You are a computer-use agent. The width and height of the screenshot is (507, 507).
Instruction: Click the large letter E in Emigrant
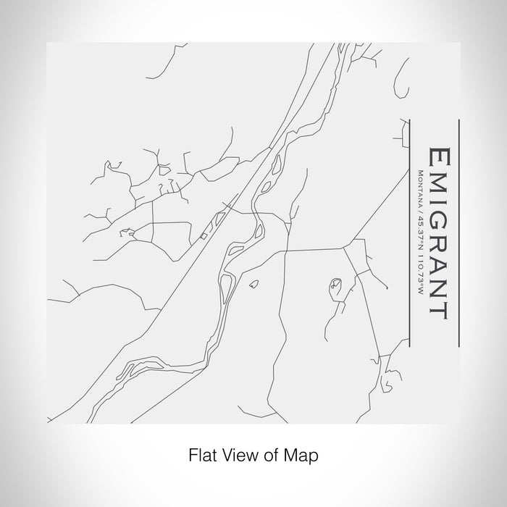tap(439, 157)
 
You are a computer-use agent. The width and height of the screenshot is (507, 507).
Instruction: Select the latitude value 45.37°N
tap(419, 225)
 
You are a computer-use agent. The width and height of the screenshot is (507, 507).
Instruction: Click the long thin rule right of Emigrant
tap(459, 231)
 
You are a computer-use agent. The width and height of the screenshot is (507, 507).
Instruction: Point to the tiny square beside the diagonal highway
tap(204, 235)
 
